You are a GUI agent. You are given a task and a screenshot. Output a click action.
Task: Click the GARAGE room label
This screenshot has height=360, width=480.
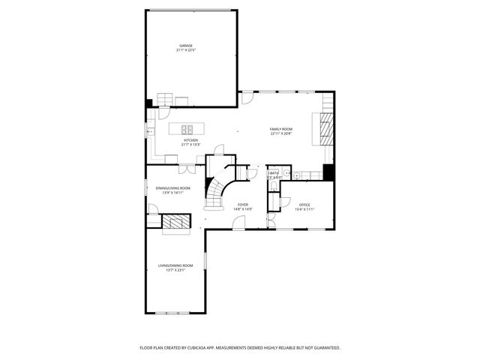(x=185, y=46)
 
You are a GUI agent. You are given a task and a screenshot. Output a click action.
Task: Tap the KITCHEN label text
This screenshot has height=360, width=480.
(x=191, y=139)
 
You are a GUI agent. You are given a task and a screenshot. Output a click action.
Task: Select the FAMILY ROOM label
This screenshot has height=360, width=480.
(x=281, y=129)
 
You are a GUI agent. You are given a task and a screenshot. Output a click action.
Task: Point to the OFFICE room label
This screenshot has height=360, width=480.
(x=304, y=204)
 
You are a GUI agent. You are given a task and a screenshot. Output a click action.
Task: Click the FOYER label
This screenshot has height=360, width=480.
(x=243, y=204)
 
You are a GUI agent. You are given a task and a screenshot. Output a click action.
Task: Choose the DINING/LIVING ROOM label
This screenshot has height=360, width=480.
(x=173, y=187)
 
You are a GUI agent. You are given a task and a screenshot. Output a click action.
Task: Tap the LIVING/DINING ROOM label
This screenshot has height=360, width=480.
(x=175, y=265)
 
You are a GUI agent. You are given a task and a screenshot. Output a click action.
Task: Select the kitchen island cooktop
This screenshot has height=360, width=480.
(x=187, y=128)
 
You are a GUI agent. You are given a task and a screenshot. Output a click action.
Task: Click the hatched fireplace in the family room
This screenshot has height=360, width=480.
(x=325, y=129)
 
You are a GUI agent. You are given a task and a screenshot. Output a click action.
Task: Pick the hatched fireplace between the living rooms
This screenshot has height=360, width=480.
(x=178, y=222)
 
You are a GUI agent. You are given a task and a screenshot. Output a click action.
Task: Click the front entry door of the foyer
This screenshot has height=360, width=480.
(x=240, y=223)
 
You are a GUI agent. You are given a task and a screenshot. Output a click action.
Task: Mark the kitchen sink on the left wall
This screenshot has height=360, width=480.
(x=148, y=131)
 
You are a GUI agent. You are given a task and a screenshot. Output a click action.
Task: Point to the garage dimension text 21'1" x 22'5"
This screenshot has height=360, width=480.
(x=185, y=50)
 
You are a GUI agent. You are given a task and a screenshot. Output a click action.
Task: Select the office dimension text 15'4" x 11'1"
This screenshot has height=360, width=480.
(x=304, y=208)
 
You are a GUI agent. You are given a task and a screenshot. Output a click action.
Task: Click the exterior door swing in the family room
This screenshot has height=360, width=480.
(x=247, y=98)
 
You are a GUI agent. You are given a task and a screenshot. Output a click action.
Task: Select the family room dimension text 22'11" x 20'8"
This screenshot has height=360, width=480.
(x=281, y=133)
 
